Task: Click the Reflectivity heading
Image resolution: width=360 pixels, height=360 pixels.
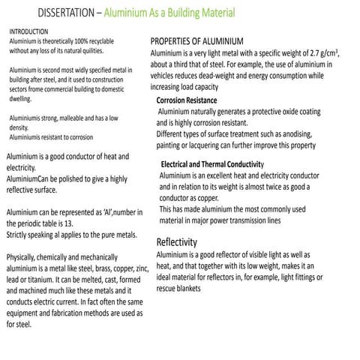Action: pyautogui.click(x=176, y=242)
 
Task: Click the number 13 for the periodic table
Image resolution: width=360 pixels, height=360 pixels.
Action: pyautogui.click(x=81, y=223)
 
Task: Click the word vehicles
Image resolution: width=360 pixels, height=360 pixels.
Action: pyautogui.click(x=167, y=76)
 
